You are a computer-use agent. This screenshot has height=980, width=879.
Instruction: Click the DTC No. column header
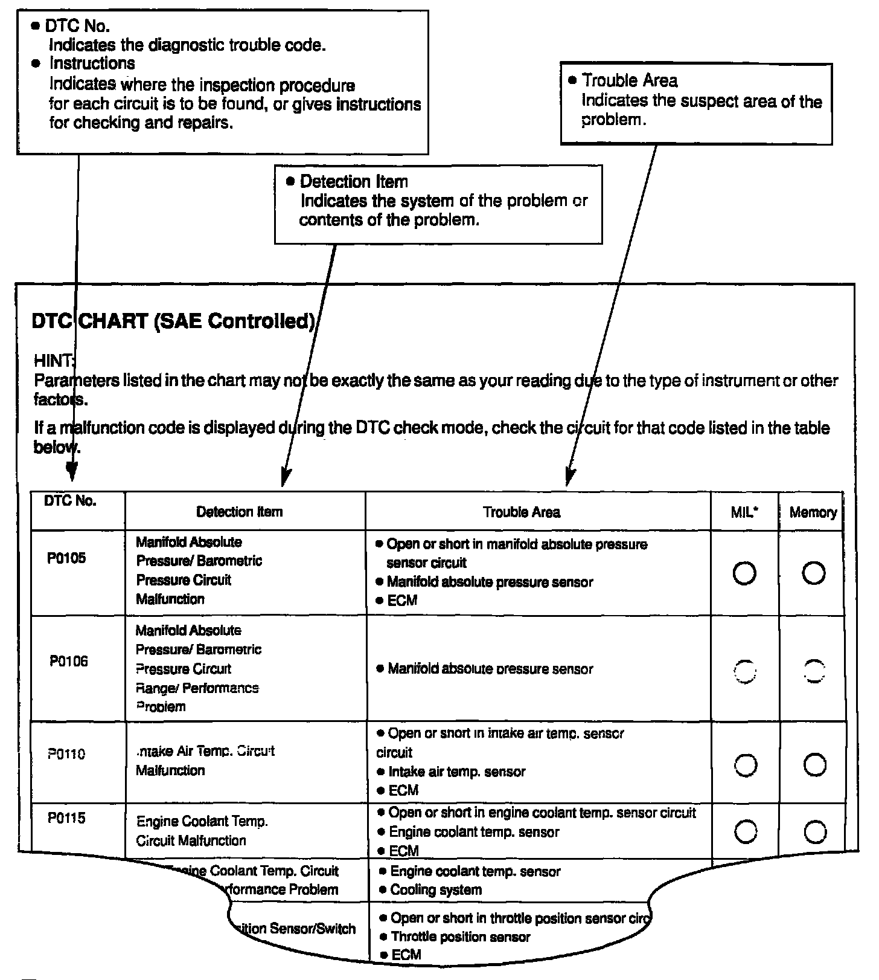70,501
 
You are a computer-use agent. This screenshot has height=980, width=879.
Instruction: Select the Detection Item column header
239,512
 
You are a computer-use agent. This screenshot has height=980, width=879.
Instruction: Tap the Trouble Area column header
521,512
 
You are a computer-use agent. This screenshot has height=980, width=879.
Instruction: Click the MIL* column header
744,512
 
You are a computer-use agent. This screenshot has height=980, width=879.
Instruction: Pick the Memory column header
813,512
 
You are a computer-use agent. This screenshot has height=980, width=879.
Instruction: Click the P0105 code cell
66,558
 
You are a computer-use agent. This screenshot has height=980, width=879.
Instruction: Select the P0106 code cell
68,661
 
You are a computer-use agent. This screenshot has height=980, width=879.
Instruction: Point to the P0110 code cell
66,754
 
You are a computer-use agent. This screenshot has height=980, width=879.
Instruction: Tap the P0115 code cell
66,819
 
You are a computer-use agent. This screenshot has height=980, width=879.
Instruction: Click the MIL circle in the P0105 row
744,573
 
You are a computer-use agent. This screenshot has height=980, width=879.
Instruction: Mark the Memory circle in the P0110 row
814,766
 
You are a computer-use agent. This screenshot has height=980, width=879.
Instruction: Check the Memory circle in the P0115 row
814,833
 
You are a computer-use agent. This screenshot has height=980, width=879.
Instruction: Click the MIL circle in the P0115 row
746,833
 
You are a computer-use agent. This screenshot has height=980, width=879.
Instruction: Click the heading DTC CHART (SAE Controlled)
173,321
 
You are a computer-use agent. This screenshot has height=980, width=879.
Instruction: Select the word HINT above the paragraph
54,361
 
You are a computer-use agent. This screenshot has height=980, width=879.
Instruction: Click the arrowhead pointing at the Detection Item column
286,478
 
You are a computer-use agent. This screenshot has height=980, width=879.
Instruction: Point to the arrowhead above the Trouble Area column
569,477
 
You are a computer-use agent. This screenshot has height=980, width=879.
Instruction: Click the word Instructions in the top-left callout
92,63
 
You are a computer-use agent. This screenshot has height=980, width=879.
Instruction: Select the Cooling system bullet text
436,890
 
